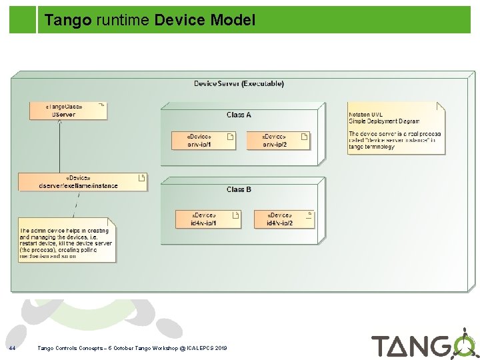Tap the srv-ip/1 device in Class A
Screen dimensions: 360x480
click(x=203, y=139)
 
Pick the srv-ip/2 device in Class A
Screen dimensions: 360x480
click(x=278, y=139)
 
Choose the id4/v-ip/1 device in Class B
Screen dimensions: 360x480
click(x=207, y=219)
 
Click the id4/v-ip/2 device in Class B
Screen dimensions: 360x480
click(x=283, y=219)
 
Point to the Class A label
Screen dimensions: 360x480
click(x=239, y=115)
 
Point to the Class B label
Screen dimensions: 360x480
click(x=239, y=189)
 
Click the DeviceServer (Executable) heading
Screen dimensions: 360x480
click(x=239, y=84)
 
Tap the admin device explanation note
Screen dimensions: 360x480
click(x=67, y=240)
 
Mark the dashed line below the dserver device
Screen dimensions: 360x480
click(x=78, y=204)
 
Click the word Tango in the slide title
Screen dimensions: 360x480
click(x=67, y=21)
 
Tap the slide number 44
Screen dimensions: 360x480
click(x=12, y=348)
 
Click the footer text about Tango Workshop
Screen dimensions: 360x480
click(x=132, y=348)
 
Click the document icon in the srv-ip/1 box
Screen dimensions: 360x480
click(x=230, y=137)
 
